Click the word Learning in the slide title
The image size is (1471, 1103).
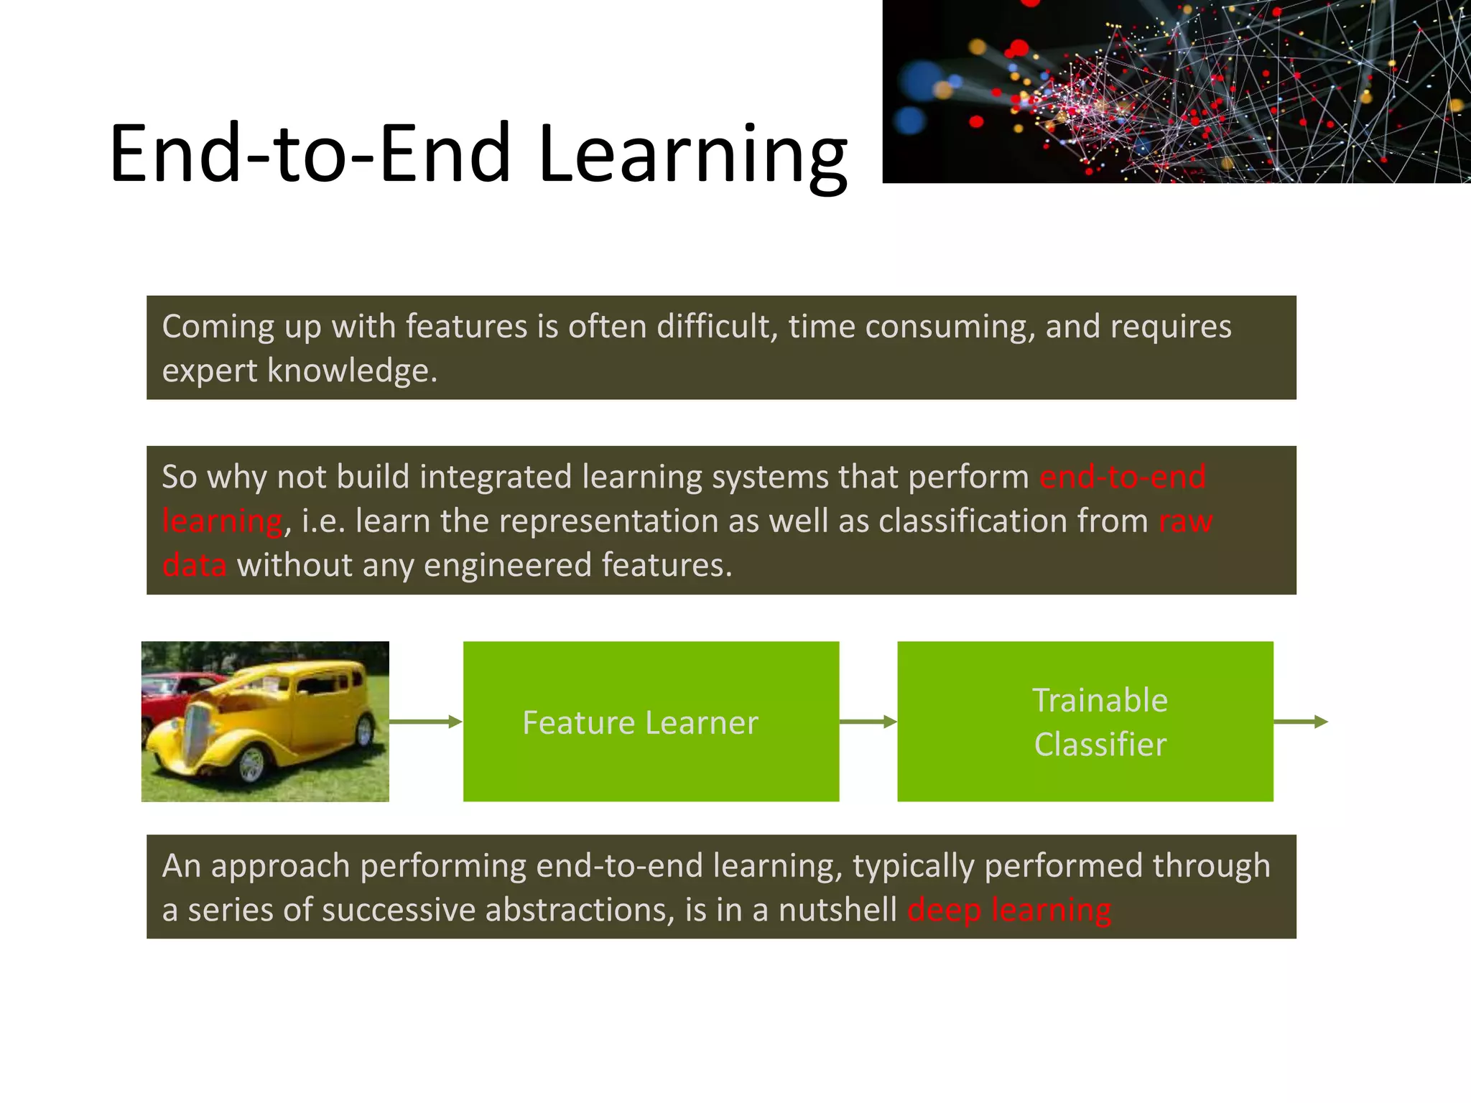[693, 154]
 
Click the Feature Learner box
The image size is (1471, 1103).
[651, 721]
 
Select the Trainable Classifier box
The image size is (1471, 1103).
[1085, 721]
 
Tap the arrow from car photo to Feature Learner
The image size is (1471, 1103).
[425, 721]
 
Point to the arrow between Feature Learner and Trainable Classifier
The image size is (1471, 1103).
[868, 721]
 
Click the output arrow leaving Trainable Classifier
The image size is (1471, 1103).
[1300, 721]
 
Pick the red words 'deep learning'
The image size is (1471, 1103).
[1009, 910]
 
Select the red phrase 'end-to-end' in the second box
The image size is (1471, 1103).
[1123, 477]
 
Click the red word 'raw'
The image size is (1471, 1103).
[1185, 521]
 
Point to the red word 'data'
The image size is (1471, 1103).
[194, 565]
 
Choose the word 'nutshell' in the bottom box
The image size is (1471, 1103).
[837, 910]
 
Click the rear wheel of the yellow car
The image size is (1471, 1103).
[364, 731]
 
